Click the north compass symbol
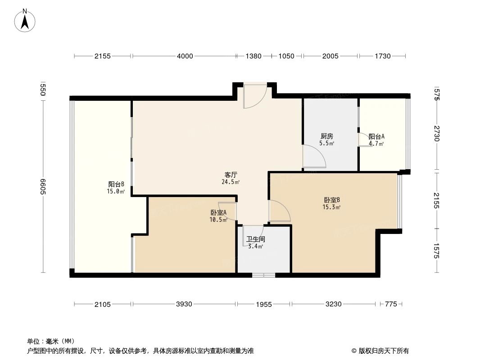pos(26,21)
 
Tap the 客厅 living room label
pos(231,175)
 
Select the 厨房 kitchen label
pos(326,136)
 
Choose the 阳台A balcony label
pos(376,137)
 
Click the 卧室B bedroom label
pos(331,200)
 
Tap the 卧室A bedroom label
pos(218,212)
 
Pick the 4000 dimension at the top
pos(185,56)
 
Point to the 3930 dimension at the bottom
pos(184,304)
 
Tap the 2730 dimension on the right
pos(436,134)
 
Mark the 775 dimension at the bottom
pos(391,304)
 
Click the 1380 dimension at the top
pos(253,56)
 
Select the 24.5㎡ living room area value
pos(231,182)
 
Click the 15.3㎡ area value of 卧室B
pos(331,207)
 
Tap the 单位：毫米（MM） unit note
pos(51,341)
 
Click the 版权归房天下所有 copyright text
pos(380,351)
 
